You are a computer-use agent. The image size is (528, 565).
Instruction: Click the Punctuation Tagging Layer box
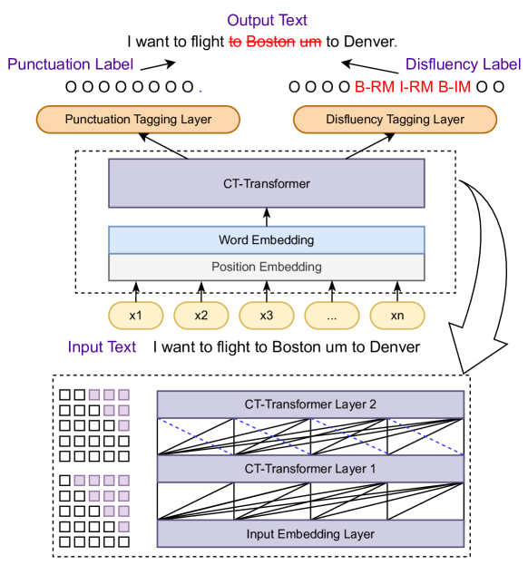click(137, 119)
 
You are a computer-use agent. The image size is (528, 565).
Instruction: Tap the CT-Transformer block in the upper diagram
click(267, 184)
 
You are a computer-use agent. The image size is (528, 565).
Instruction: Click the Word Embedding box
click(267, 240)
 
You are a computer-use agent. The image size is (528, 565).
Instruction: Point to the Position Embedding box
click(267, 267)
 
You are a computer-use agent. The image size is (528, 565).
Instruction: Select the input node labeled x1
click(136, 315)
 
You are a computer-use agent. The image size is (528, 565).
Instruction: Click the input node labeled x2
click(201, 315)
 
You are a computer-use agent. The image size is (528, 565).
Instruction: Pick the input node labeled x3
click(267, 315)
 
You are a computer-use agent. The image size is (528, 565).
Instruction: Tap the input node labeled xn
click(397, 315)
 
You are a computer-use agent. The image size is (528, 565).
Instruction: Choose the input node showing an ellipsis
click(332, 315)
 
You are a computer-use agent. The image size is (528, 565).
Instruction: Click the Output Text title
click(267, 20)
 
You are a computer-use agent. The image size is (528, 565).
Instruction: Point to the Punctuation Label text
click(71, 64)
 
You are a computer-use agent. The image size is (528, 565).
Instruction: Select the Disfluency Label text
click(463, 64)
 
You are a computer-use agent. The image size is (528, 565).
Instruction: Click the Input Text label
click(102, 347)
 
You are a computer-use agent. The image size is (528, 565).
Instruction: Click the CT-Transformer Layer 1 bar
click(310, 469)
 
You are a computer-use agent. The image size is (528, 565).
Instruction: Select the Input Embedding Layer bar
click(310, 533)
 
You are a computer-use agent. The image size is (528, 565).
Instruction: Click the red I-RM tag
click(417, 88)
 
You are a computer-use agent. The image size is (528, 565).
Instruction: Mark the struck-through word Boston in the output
click(275, 42)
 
